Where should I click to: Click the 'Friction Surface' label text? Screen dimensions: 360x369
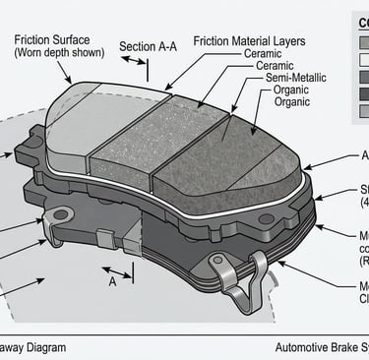tap(56, 40)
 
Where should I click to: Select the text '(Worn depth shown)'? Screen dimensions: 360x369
tap(58, 54)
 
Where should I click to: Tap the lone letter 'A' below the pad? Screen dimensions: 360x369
tap(114, 281)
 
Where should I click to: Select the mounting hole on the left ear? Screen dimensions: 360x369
tap(62, 214)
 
